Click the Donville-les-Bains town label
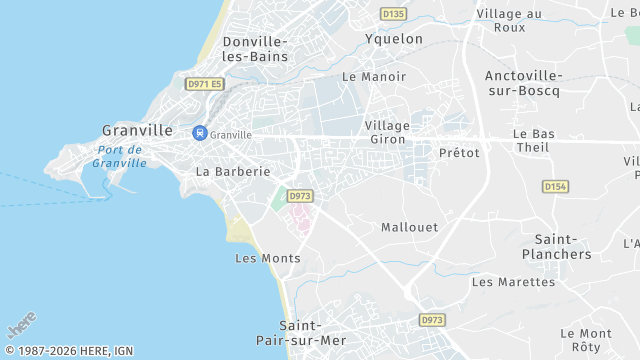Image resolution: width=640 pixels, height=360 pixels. [x=255, y=49]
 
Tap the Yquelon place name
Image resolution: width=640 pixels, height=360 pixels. [x=393, y=39]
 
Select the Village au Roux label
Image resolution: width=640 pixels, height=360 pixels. [x=509, y=21]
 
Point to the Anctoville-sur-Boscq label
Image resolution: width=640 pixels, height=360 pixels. [x=523, y=83]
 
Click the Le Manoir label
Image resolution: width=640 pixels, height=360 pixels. [x=374, y=76]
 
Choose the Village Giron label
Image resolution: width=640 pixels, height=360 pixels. [x=387, y=132]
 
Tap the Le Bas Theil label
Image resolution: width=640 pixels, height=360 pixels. [x=532, y=140]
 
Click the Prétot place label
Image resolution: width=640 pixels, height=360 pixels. [x=459, y=153]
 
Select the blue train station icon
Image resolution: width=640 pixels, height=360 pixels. [x=199, y=132]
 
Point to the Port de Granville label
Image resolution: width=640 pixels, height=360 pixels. [x=118, y=156]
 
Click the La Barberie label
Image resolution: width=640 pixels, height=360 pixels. [x=233, y=171]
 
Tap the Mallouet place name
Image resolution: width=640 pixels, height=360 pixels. [x=409, y=227]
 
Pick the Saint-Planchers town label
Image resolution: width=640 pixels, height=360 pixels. [x=563, y=247]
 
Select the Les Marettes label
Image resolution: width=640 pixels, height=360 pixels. [x=513, y=282]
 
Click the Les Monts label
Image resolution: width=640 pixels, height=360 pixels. [x=267, y=258]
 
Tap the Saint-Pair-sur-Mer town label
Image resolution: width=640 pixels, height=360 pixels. [x=313, y=333]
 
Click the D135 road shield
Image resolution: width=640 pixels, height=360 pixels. [x=394, y=13]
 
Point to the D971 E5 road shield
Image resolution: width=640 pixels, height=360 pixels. [x=204, y=85]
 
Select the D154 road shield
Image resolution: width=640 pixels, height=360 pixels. [x=555, y=186]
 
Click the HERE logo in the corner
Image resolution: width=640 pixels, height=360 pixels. [x=21, y=326]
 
